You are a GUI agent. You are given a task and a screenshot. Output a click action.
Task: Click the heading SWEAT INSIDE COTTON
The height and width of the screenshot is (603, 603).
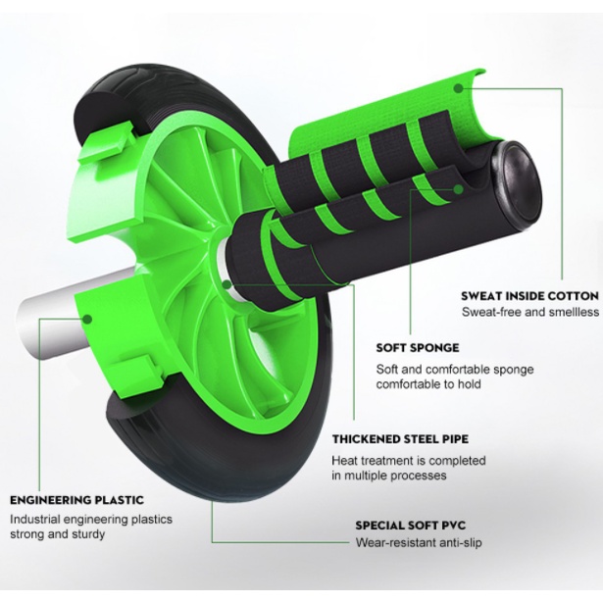[x=529, y=296]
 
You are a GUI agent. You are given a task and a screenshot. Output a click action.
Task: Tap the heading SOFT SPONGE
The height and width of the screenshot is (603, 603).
[x=418, y=348]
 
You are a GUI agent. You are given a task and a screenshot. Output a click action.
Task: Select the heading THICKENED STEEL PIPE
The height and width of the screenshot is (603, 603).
[x=400, y=439]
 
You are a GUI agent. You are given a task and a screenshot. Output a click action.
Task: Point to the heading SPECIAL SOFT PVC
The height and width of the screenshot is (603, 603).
[x=410, y=526]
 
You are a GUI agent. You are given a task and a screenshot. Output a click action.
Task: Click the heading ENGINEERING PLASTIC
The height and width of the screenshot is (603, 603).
[x=76, y=500]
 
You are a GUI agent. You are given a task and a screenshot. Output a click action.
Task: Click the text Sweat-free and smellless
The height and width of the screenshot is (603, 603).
[x=530, y=312]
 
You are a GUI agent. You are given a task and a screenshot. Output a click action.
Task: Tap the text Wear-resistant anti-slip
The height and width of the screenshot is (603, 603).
[x=419, y=542]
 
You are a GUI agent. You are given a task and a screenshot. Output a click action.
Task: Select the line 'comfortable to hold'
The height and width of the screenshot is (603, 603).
[x=428, y=384]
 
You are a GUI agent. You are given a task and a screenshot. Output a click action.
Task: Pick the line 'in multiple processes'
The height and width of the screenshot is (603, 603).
[x=389, y=476]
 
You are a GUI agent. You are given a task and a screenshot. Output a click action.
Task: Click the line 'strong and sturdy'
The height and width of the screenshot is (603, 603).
[x=57, y=534]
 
